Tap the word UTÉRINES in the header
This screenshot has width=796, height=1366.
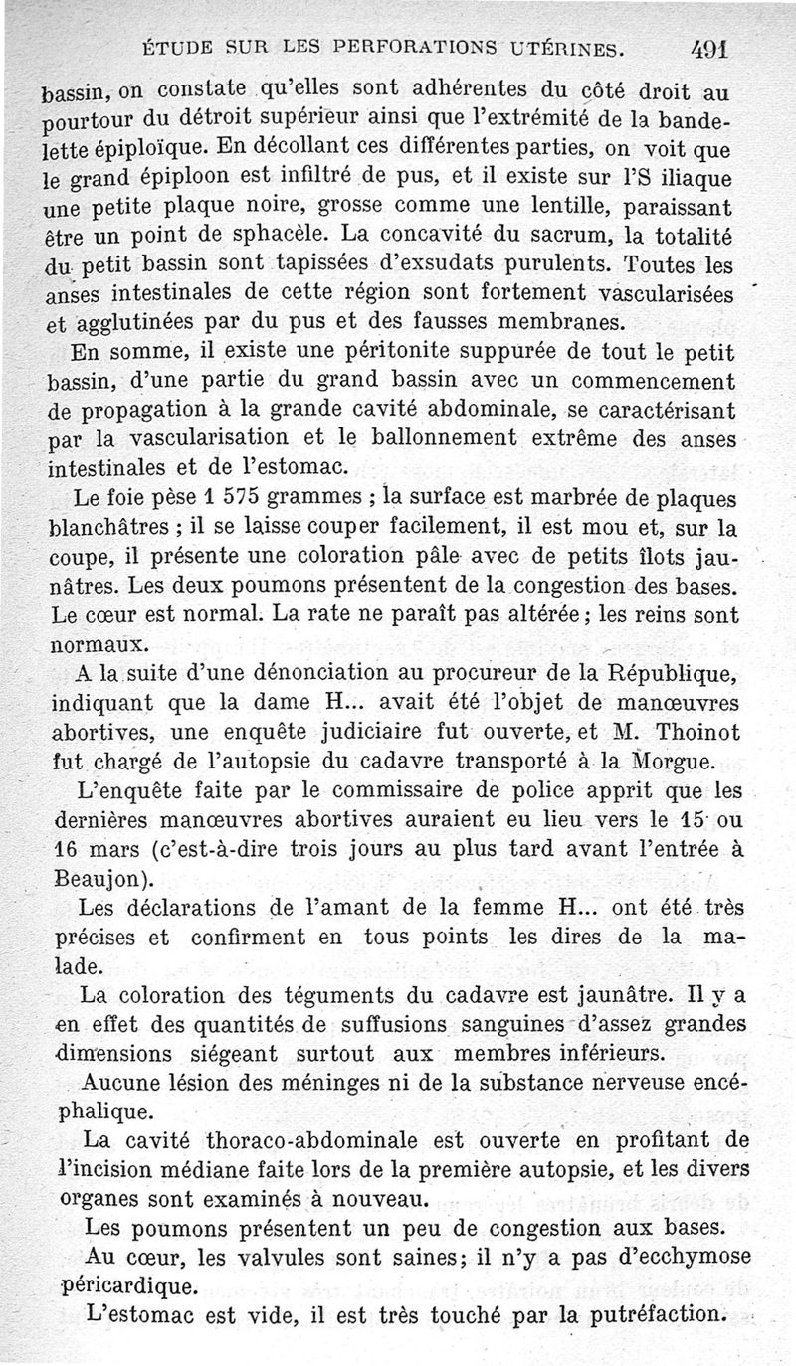click(565, 47)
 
